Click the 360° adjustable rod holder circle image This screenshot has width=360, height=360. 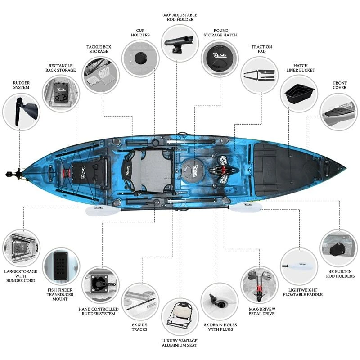[x=180, y=43]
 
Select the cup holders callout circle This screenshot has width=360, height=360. [x=141, y=58]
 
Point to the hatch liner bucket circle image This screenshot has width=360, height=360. [x=300, y=93]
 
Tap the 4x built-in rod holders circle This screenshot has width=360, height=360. [x=338, y=248]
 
